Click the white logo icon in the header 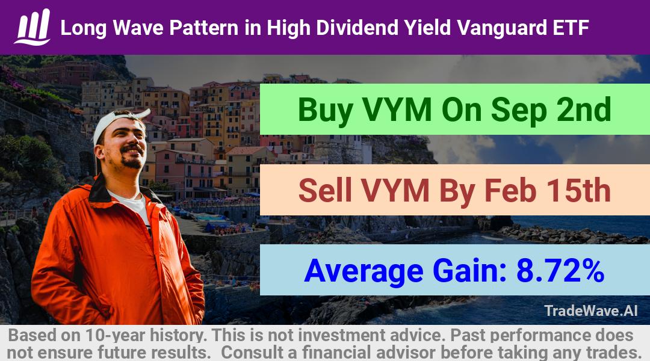(32, 27)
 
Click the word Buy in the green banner (326, 111)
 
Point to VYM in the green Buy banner (397, 110)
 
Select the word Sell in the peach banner (326, 190)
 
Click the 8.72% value (560, 271)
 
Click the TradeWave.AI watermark (591, 310)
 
